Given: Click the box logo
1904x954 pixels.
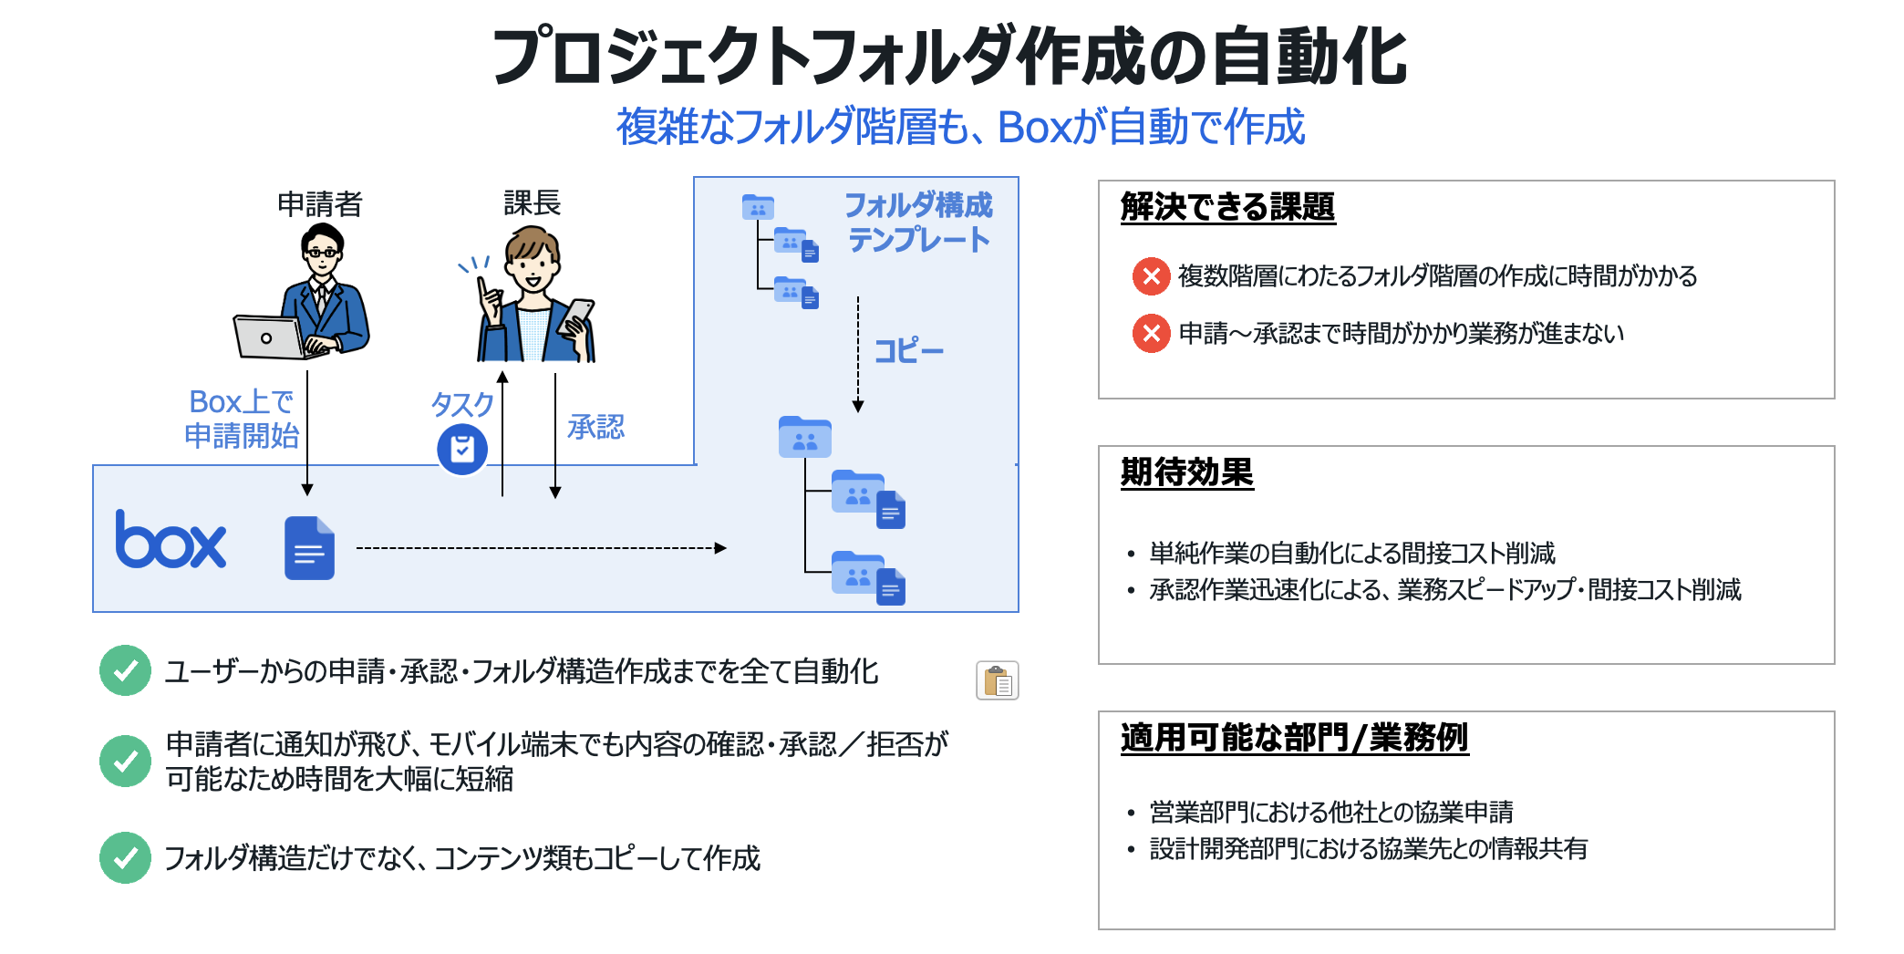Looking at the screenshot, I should (171, 540).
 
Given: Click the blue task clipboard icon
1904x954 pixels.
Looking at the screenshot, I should (462, 449).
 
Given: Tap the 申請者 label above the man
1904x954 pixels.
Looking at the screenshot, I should (320, 203).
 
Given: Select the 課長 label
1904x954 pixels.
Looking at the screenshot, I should (532, 202).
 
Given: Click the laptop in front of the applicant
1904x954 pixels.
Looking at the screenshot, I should (268, 337).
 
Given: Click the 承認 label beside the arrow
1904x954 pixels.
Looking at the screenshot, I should (595, 427).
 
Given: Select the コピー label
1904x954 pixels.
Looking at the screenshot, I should (908, 351).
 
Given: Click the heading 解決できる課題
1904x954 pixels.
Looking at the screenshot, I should (1227, 207).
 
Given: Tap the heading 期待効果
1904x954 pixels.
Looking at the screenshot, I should (1186, 472).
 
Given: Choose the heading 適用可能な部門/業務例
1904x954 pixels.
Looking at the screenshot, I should (1294, 737).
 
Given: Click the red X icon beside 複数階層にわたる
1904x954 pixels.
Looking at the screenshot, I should (1151, 275).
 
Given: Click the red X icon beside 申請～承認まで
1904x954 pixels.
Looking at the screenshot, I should (1151, 333).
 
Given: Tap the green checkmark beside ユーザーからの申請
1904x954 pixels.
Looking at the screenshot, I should (125, 671).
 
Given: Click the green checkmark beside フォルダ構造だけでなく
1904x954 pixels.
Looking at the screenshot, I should (125, 857).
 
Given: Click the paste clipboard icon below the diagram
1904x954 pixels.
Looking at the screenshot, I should (997, 680).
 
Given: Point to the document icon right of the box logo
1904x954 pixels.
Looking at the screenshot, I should (309, 548).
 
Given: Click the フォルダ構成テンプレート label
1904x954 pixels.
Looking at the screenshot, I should (918, 222).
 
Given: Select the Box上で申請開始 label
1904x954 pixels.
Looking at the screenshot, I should (242, 419).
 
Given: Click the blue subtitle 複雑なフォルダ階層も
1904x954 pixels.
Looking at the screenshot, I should (960, 127).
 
